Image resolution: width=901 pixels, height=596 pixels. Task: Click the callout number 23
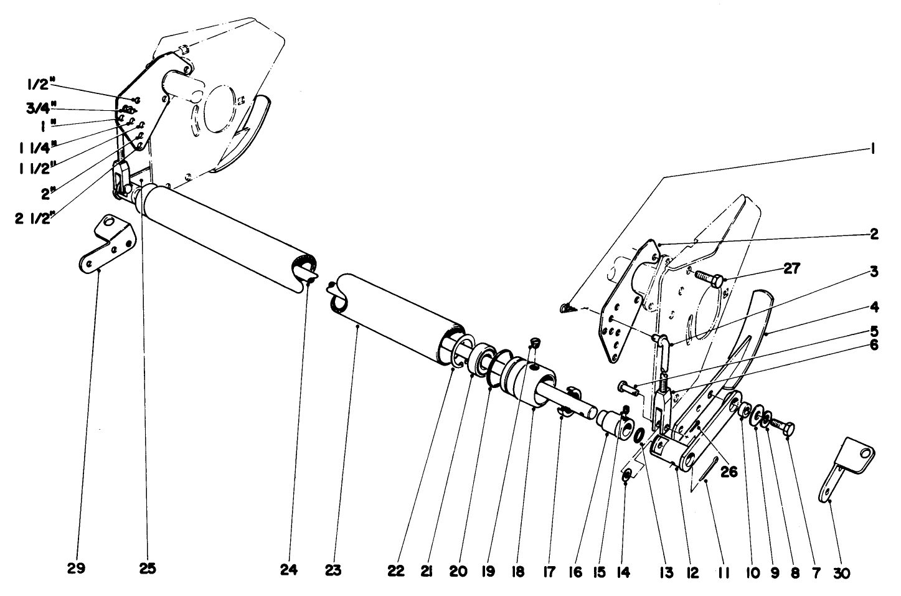[x=333, y=570]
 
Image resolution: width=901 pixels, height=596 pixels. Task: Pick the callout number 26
[x=729, y=471]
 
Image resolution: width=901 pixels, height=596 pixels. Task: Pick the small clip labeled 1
[x=565, y=308]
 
